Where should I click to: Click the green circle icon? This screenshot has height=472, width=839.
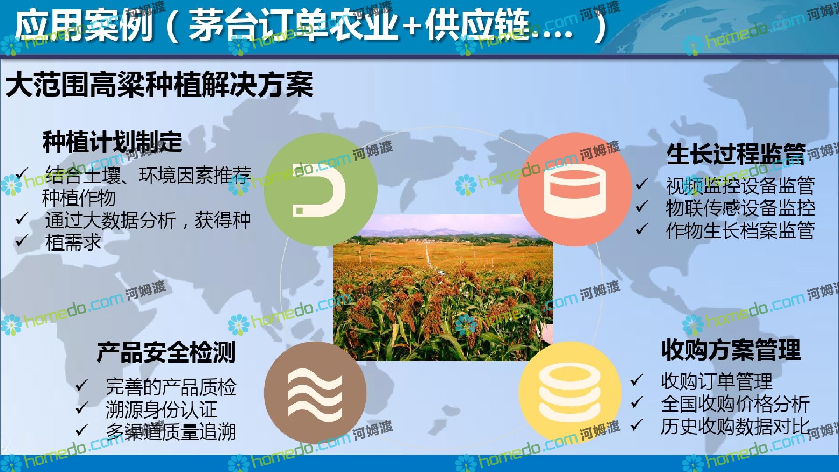click(321, 189)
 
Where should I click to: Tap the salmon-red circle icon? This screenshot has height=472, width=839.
click(575, 189)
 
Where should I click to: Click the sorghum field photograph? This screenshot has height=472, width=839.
click(443, 287)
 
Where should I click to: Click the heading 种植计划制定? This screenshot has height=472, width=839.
click(112, 142)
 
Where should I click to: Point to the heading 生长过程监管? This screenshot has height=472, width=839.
click(736, 154)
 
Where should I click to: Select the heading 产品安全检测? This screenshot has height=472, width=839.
click(166, 352)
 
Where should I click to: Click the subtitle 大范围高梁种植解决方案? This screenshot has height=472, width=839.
click(159, 85)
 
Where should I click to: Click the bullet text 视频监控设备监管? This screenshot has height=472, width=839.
click(740, 186)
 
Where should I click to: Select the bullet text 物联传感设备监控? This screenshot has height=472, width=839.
click(740, 208)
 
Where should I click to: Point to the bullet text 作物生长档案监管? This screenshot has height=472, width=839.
click(740, 230)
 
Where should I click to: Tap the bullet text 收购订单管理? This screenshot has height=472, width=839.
click(716, 381)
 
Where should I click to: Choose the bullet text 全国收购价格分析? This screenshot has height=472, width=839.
click(735, 404)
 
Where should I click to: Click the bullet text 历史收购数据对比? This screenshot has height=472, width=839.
click(735, 426)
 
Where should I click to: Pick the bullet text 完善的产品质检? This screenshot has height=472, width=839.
click(171, 387)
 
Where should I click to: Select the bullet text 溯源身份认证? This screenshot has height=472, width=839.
click(162, 409)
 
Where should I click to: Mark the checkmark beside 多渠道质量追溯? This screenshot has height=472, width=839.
click(82, 430)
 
